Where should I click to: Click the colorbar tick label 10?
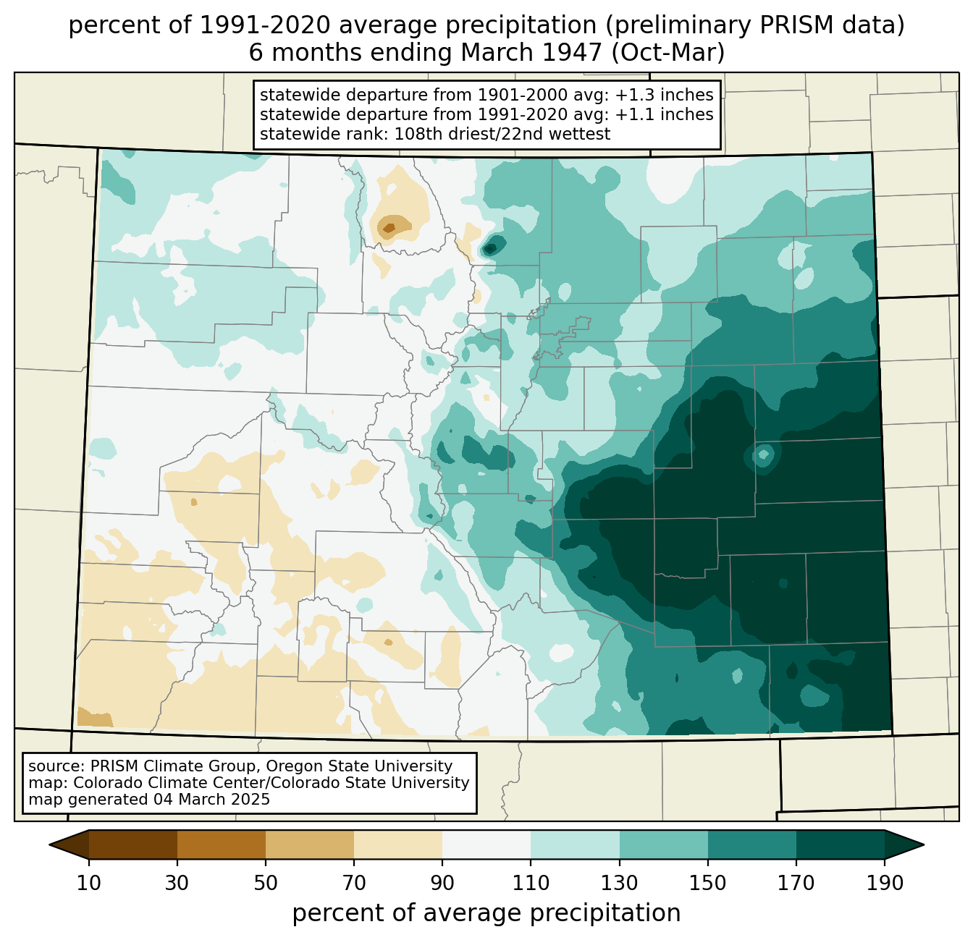88,884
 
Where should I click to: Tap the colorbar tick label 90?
442,884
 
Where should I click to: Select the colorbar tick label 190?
885,884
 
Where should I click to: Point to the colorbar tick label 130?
619,884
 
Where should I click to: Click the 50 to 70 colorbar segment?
310,844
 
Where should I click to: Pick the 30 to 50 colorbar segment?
221,844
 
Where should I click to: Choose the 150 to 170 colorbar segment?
752,844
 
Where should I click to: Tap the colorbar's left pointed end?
50,844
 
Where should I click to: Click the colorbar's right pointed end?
923,844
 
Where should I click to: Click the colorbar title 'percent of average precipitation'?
486,913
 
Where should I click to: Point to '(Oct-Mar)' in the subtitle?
667,53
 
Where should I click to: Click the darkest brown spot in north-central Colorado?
389,228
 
